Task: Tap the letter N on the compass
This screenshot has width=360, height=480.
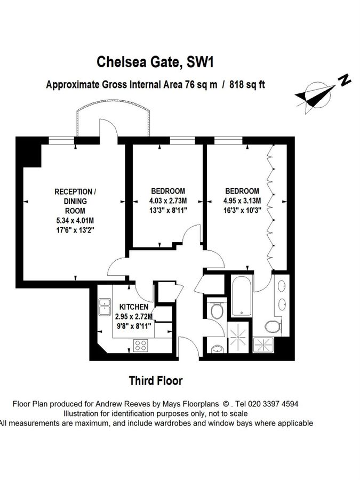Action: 345,81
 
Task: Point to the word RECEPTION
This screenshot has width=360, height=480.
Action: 76,191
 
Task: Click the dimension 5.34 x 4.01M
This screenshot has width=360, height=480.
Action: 76,221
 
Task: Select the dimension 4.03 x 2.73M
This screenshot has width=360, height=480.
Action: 168,201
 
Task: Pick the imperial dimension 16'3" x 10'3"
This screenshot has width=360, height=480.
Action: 242,210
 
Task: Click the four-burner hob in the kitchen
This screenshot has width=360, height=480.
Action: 141,346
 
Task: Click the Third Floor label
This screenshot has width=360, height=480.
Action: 156,381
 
